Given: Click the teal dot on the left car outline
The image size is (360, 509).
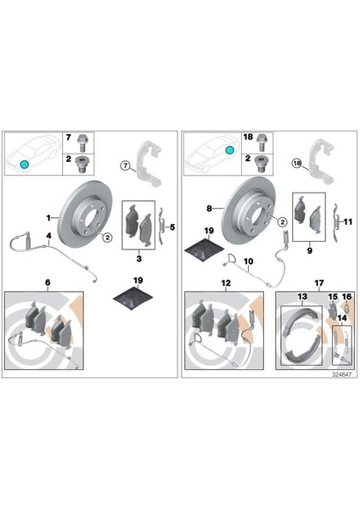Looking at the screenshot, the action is pyautogui.click(x=24, y=165).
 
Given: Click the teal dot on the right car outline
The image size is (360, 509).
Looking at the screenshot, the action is pyautogui.click(x=229, y=150).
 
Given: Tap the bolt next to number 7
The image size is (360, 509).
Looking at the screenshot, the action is pyautogui.click(x=82, y=143).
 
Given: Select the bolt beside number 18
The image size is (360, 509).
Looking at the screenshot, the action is pyautogui.click(x=261, y=143).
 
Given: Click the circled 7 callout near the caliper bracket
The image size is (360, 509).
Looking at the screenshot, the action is pyautogui.click(x=125, y=165).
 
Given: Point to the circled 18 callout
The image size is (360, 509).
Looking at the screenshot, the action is pyautogui.click(x=297, y=163).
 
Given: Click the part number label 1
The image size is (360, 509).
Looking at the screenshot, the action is pyautogui.click(x=48, y=218).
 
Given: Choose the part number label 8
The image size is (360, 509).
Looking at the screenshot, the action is pyautogui.click(x=209, y=209).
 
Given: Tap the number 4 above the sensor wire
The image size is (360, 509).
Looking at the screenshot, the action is pyautogui.click(x=48, y=235).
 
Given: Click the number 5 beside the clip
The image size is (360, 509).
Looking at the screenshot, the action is pyautogui.click(x=172, y=227).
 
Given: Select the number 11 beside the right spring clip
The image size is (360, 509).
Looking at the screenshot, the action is pyautogui.click(x=347, y=222).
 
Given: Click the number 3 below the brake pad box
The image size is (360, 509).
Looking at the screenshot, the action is pyautogui.click(x=139, y=259).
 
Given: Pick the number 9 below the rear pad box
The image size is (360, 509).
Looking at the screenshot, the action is pyautogui.click(x=309, y=250).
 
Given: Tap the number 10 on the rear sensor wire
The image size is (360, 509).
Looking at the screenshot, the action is pyautogui.click(x=248, y=261).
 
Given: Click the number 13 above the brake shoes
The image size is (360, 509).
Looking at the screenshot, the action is pyautogui.click(x=302, y=296).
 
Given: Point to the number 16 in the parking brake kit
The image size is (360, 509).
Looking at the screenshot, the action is pyautogui.click(x=346, y=297).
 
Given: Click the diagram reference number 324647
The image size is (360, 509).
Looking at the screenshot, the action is pyautogui.click(x=341, y=374).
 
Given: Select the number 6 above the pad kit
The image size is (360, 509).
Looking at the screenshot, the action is pyautogui.click(x=48, y=282).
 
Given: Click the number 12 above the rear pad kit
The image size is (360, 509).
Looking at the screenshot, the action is pyautogui.click(x=226, y=283).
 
